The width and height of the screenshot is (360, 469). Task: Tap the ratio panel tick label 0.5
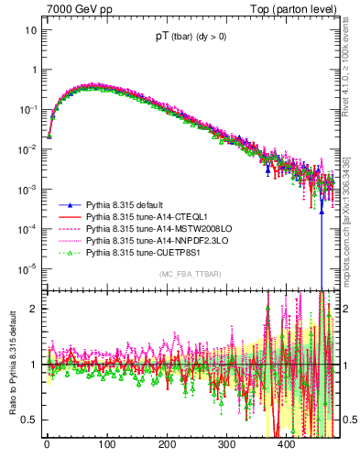[29, 420]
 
